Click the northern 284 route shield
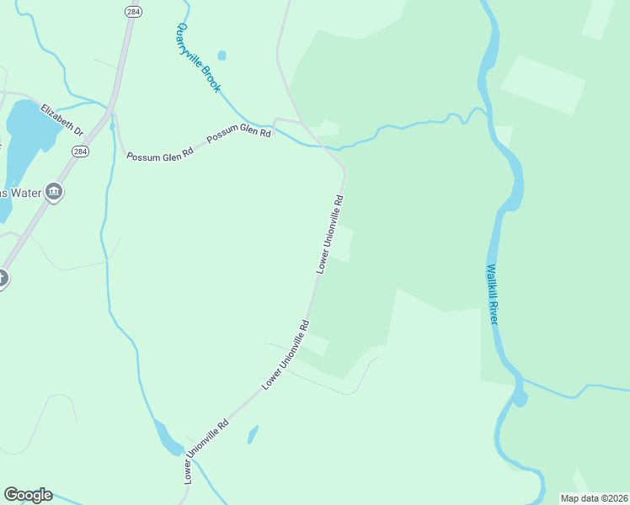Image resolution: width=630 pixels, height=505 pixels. point(132,11)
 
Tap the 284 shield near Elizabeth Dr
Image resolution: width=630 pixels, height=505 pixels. point(79,151)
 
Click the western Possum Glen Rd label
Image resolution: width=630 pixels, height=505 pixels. point(160,154)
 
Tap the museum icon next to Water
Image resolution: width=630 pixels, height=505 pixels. point(54,193)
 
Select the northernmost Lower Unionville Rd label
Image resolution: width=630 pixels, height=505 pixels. point(330,234)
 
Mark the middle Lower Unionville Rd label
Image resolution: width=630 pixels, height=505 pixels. point(286,354)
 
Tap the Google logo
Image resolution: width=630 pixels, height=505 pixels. point(28,495)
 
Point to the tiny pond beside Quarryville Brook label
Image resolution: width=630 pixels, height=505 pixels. point(222,56)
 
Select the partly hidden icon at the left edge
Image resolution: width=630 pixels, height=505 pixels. point(3,279)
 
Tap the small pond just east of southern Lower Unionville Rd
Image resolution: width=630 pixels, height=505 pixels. point(252,434)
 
